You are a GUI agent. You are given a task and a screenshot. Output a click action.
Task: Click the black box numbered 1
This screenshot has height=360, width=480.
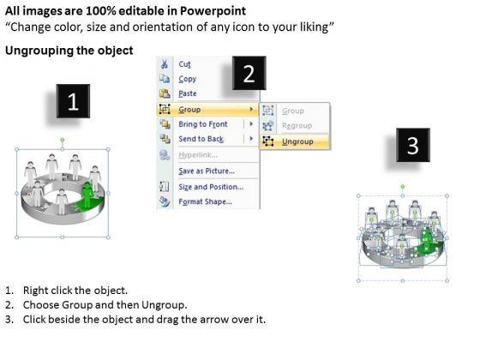click(x=73, y=101)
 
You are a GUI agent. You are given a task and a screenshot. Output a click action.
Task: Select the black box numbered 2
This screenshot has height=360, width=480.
click(x=249, y=73)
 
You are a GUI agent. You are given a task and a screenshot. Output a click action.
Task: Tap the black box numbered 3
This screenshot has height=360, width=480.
click(x=413, y=145)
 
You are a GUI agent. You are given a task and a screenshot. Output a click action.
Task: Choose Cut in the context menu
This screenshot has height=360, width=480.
click(x=184, y=64)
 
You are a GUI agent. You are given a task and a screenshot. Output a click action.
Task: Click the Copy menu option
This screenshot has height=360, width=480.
click(x=188, y=79)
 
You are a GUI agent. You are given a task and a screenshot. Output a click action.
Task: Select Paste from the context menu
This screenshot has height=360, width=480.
click(x=188, y=93)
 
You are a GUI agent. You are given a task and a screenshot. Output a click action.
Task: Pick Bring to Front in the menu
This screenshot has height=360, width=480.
click(x=203, y=124)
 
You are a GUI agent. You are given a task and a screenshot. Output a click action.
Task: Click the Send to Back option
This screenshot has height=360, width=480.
click(x=201, y=139)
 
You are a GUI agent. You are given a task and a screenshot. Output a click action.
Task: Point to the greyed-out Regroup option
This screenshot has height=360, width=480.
click(x=297, y=125)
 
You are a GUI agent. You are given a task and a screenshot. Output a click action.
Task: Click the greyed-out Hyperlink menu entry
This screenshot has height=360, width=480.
click(x=198, y=155)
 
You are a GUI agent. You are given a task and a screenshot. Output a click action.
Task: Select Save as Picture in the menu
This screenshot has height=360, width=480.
click(x=207, y=171)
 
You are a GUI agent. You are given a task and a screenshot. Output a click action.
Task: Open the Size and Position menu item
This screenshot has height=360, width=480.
click(x=211, y=187)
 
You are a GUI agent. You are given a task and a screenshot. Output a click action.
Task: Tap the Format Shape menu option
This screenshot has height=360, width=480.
click(x=205, y=201)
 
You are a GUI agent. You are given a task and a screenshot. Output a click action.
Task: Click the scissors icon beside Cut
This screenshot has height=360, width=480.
click(x=165, y=64)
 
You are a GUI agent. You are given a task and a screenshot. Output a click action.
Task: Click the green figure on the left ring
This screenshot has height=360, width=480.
click(x=87, y=195)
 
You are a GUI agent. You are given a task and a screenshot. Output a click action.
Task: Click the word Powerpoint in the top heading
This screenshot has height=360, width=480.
click(x=213, y=11)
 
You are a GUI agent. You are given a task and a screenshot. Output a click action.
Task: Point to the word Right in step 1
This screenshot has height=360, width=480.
click(x=33, y=291)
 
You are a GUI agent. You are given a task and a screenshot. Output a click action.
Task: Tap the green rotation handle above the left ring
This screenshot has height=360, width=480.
click(x=63, y=140)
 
